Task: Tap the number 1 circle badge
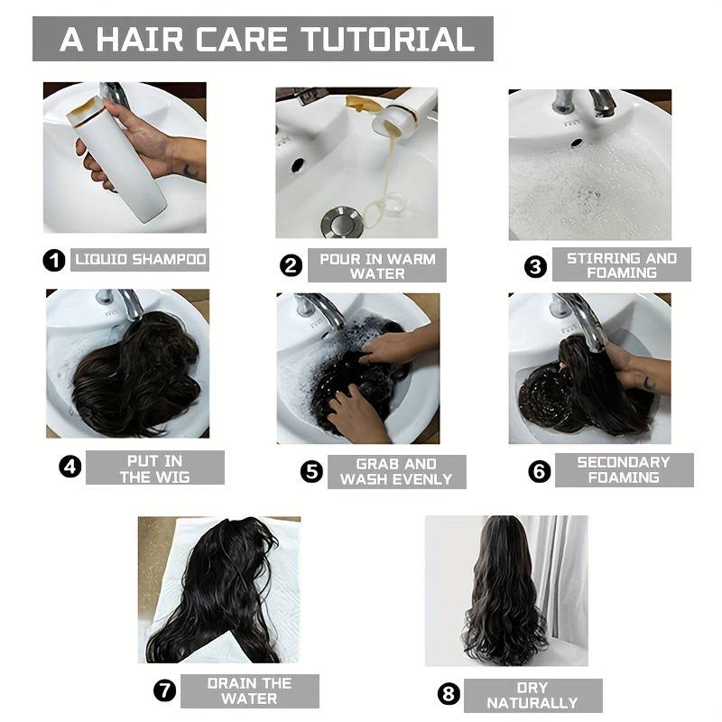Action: [x=54, y=260]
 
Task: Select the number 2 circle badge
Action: [x=291, y=265]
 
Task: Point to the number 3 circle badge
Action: [x=535, y=267]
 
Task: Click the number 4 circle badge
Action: [x=70, y=467]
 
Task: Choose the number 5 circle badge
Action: [x=311, y=471]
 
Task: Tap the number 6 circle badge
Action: [x=539, y=471]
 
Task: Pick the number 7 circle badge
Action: [x=165, y=690]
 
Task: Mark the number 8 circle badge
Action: [x=449, y=693]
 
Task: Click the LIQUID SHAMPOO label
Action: [x=140, y=260]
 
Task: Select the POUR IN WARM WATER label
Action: [x=377, y=265]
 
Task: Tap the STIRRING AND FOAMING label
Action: [x=622, y=264]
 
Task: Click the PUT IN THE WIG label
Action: [x=155, y=467]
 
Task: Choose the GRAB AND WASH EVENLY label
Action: [x=396, y=472]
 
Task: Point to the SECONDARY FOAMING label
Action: [x=624, y=470]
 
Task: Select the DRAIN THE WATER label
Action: [x=250, y=691]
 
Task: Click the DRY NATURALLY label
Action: [x=532, y=695]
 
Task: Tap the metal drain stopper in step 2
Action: [x=342, y=223]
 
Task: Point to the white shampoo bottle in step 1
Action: [x=116, y=159]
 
